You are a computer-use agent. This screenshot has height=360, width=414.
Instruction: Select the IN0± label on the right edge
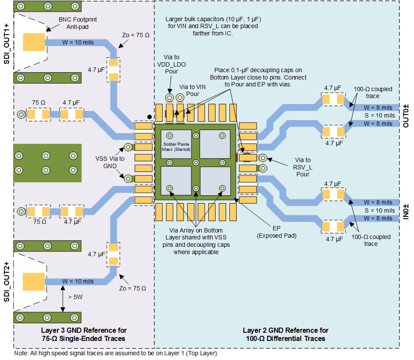click(406, 210)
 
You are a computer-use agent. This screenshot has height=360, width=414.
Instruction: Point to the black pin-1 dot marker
click(149, 116)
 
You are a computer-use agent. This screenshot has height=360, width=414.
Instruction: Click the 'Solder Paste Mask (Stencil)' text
click(176, 147)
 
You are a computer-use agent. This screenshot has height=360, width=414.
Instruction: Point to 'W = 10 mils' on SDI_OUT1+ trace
click(78, 43)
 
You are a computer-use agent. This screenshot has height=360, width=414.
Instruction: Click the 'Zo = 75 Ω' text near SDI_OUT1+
click(136, 35)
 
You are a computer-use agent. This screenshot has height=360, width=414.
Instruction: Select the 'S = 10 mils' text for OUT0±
click(379, 115)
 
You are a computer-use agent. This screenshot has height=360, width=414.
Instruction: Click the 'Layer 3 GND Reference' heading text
click(83, 334)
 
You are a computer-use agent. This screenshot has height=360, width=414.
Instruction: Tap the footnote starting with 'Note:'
click(116, 354)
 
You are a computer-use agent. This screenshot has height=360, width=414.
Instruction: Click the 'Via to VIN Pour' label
click(192, 90)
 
